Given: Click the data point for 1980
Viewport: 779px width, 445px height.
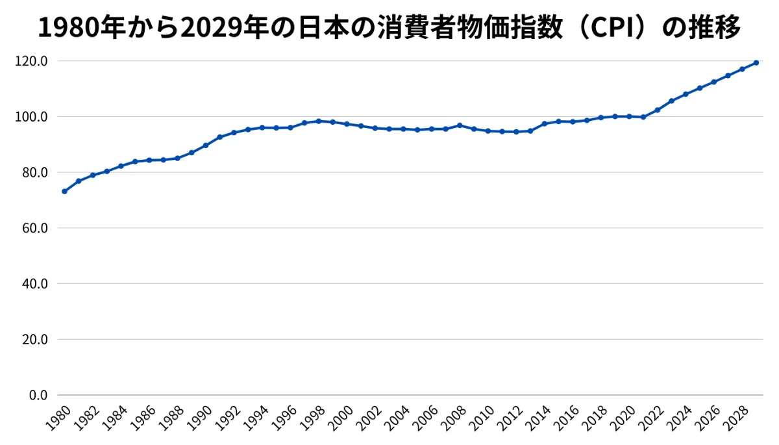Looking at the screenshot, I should pyautogui.click(x=64, y=191).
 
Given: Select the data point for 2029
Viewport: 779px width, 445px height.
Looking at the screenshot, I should pyautogui.click(x=756, y=62).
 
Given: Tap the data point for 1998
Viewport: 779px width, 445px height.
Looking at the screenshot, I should pyautogui.click(x=318, y=121).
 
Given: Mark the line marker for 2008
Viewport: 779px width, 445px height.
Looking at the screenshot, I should pyautogui.click(x=460, y=125).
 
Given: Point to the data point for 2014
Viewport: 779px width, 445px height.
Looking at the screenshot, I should pyautogui.click(x=544, y=123).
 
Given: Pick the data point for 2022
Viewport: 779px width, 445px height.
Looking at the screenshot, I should pyautogui.click(x=657, y=110).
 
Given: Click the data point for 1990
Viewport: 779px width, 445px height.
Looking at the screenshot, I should pyautogui.click(x=205, y=145).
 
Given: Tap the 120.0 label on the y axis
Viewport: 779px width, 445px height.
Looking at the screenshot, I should pyautogui.click(x=34, y=61).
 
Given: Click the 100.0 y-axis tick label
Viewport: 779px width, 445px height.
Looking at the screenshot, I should pyautogui.click(x=34, y=117).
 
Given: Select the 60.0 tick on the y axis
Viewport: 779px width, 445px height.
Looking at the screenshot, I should pyautogui.click(x=36, y=228).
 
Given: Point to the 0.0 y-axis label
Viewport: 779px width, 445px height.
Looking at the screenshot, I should pyautogui.click(x=39, y=395).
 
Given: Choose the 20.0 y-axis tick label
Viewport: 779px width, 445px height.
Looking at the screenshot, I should pyautogui.click(x=36, y=339).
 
